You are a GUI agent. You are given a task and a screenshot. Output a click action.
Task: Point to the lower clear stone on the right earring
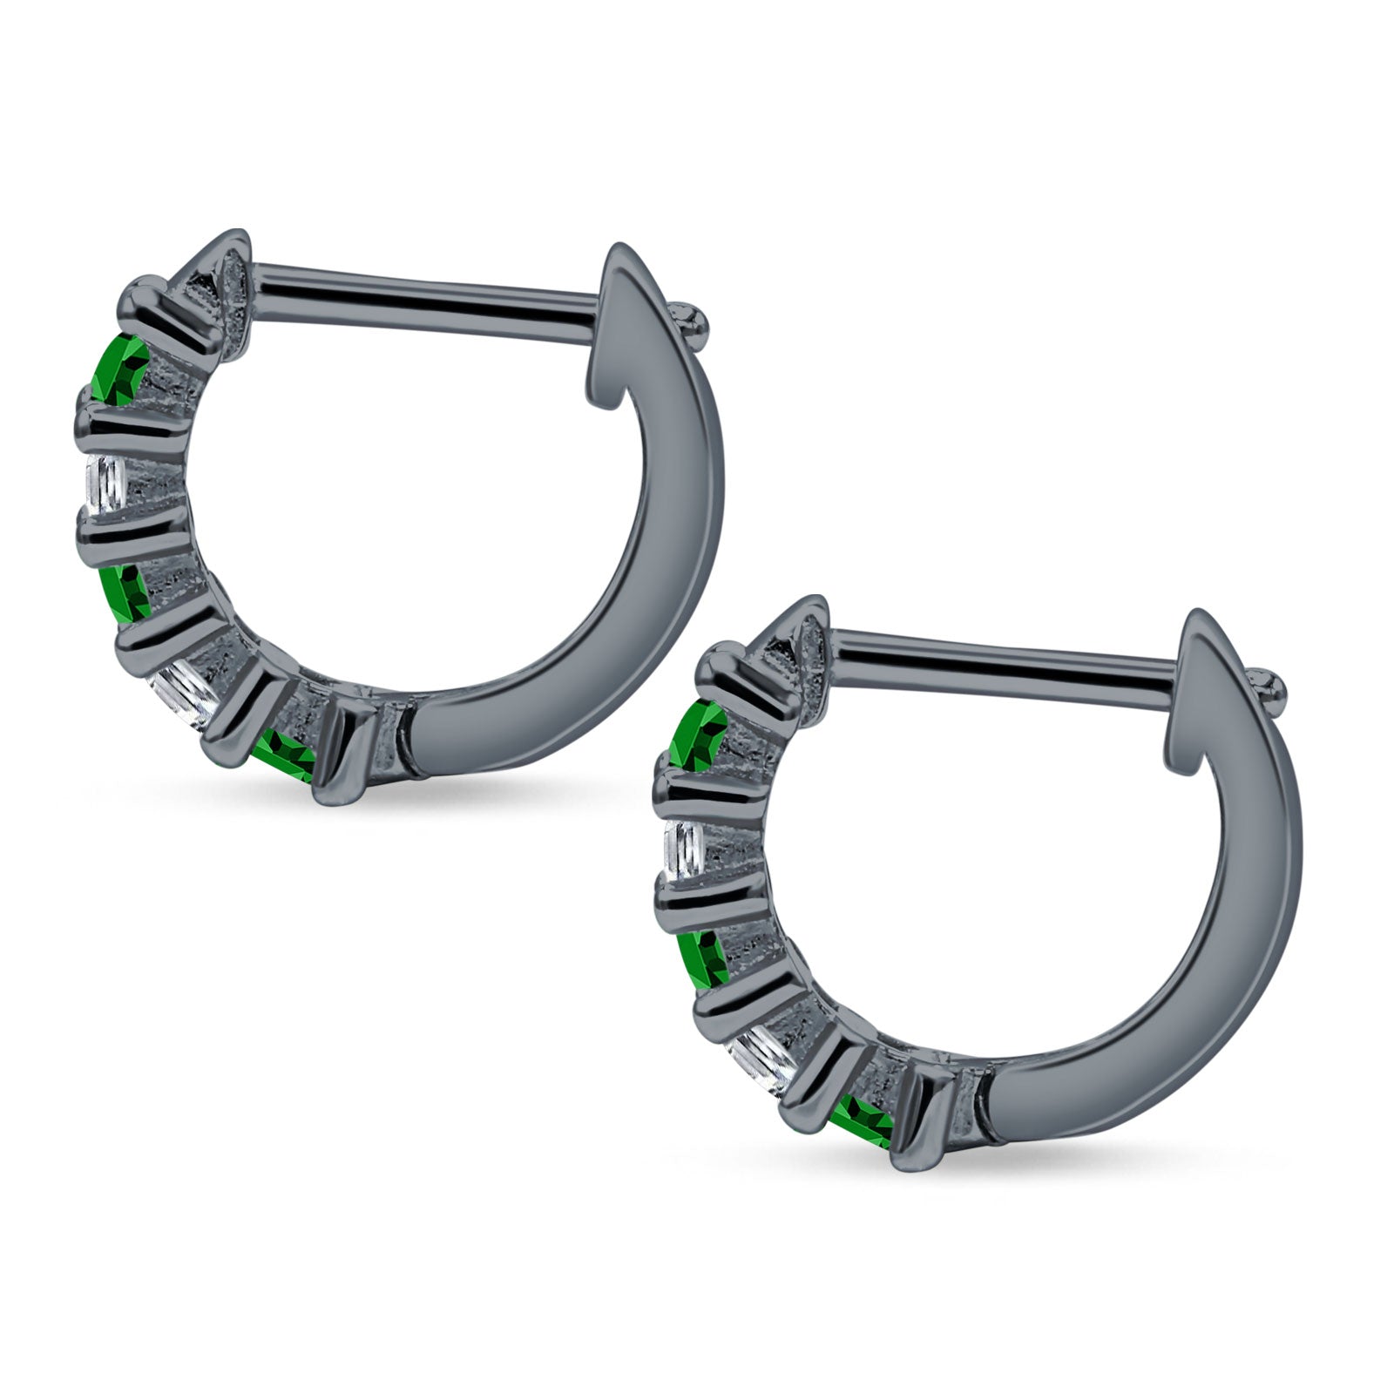pyautogui.click(x=767, y=1058)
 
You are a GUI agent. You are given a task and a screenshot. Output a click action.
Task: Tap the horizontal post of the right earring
pyautogui.click(x=1002, y=662)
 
